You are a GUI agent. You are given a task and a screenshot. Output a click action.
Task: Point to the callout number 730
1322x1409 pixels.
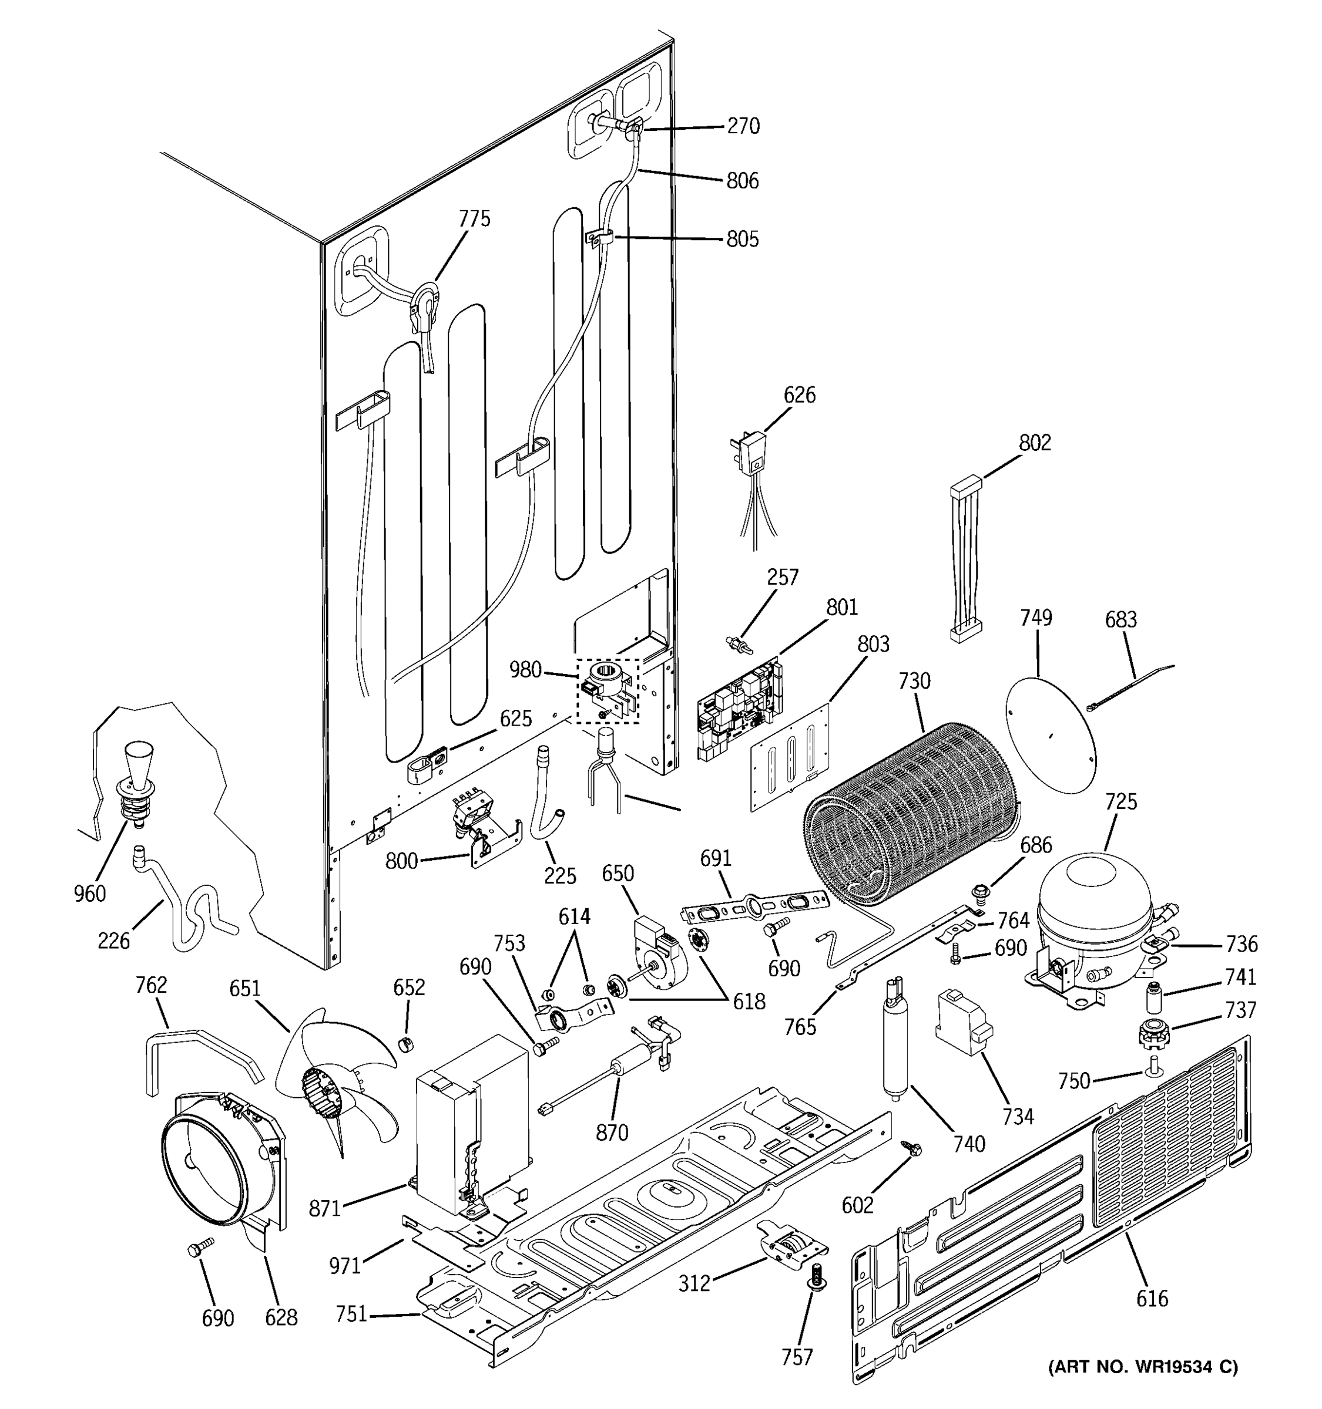coord(914,681)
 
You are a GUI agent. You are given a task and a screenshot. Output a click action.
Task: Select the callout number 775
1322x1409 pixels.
coord(475,219)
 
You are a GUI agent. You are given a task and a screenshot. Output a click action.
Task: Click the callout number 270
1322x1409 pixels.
coord(743,126)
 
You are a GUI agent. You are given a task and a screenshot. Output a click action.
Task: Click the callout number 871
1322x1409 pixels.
coord(326,1208)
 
